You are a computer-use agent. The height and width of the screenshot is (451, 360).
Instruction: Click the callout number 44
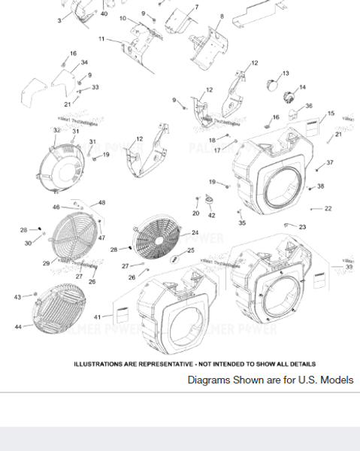tap(17, 327)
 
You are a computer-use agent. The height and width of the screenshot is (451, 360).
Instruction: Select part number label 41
tap(96, 317)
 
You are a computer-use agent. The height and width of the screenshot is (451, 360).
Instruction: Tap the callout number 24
tap(195, 233)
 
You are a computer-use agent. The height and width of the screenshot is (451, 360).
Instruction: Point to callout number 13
tap(286, 74)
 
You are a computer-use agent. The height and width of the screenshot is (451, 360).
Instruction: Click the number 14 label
tap(303, 88)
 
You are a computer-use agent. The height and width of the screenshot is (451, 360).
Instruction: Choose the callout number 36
tap(308, 107)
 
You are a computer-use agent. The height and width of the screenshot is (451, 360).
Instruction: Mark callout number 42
tap(211, 216)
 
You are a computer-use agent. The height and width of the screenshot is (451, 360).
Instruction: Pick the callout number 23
tap(302, 227)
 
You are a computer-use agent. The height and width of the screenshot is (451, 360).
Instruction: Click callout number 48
tap(101, 203)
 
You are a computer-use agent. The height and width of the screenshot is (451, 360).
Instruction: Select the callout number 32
tap(56, 131)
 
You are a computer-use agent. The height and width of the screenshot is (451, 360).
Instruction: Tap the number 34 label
tap(84, 63)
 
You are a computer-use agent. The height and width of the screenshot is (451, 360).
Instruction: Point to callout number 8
tap(222, 16)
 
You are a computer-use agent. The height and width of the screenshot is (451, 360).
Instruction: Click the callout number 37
tap(330, 163)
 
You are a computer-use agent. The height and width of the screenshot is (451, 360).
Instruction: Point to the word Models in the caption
tap(335, 380)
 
